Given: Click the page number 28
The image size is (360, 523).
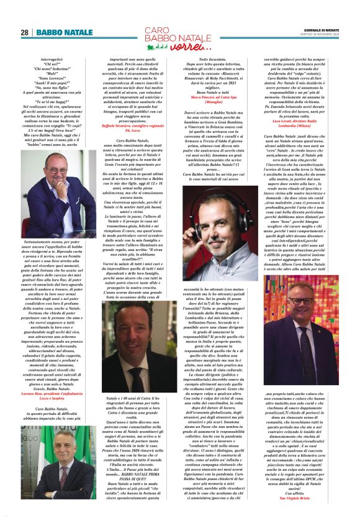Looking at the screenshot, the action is [25, 32].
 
